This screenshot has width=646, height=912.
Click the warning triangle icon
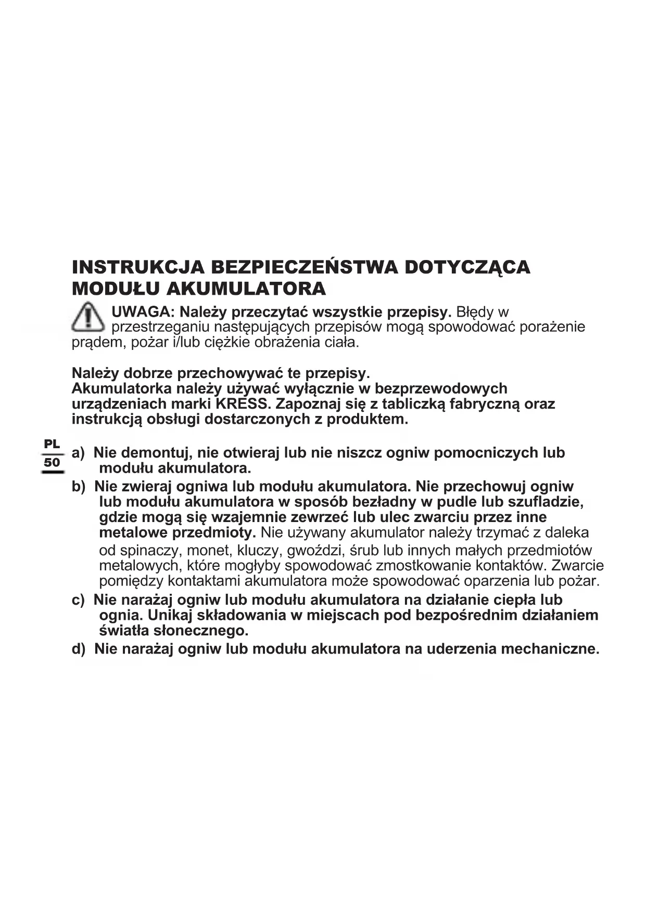[x=88, y=317]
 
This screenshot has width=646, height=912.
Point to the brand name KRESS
[x=242, y=404]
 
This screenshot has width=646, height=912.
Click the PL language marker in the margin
[x=52, y=445]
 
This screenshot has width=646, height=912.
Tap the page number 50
[x=52, y=462]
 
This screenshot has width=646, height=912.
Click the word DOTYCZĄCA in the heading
[x=467, y=267]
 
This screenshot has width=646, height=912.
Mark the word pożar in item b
[x=580, y=581]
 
